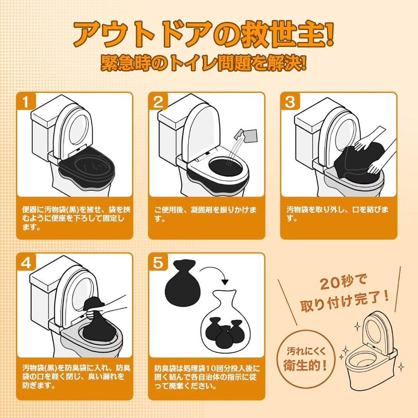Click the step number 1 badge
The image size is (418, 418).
tap(26, 103)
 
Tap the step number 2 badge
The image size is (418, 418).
tap(158, 103)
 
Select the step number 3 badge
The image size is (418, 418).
tap(290, 103)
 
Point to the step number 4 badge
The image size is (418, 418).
tap(26, 263)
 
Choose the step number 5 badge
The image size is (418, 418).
tap(158, 263)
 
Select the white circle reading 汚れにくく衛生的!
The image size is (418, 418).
tap(306, 358)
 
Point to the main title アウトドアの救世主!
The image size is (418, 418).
tap(203, 35)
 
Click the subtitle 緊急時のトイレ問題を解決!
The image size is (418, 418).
tap(204, 63)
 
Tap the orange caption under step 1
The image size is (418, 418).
tap(74, 218)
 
